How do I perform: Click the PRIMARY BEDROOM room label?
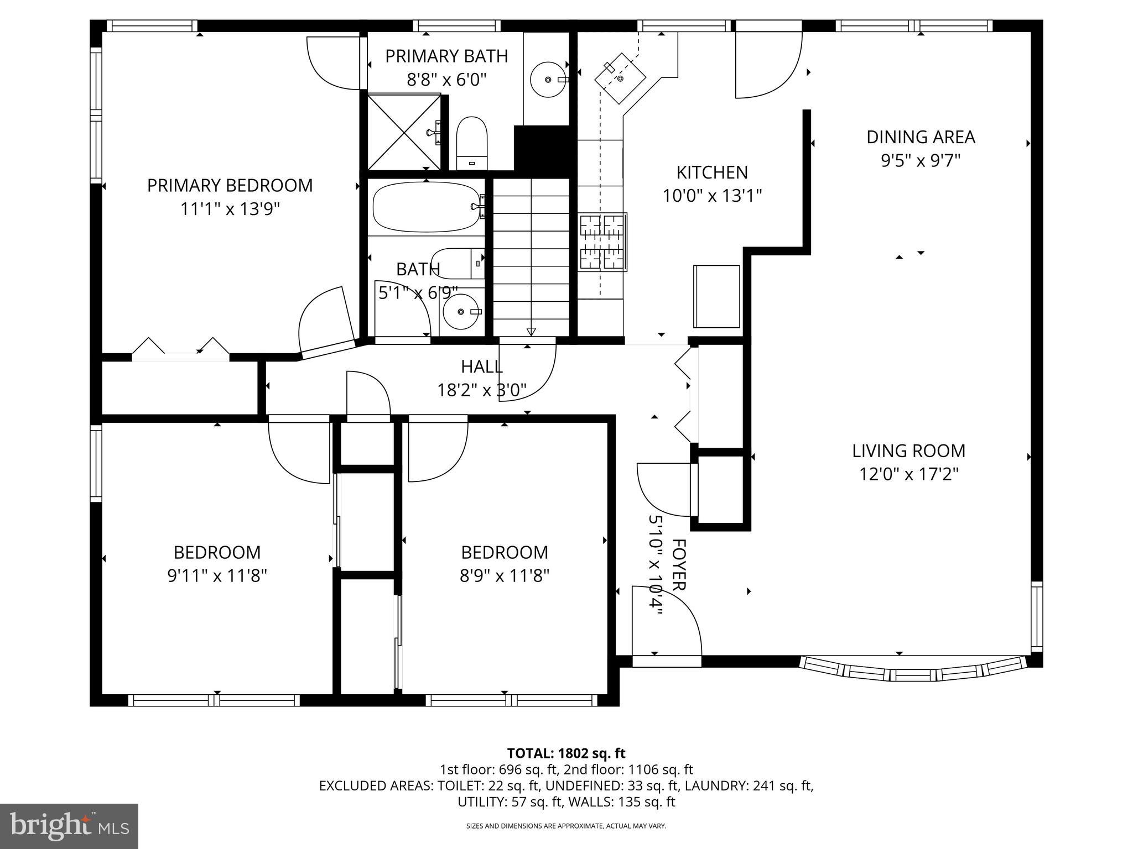coord(230,186)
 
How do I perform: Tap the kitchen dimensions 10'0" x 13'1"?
coord(713,196)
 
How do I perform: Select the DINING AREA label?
coord(921,137)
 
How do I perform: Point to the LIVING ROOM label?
coord(908,451)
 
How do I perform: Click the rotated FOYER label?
coord(679,565)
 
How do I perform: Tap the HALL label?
coord(482,366)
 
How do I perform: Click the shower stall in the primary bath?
coord(404,133)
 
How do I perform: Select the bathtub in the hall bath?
coord(426,207)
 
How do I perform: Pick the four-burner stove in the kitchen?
coord(603,243)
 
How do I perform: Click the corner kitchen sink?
coord(620,78)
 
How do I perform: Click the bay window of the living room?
coord(913,669)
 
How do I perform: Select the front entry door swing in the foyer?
coord(667,622)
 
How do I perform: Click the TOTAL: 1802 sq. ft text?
coord(566,753)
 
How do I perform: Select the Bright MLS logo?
coord(69,826)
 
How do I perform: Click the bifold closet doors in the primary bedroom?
coord(181,348)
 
